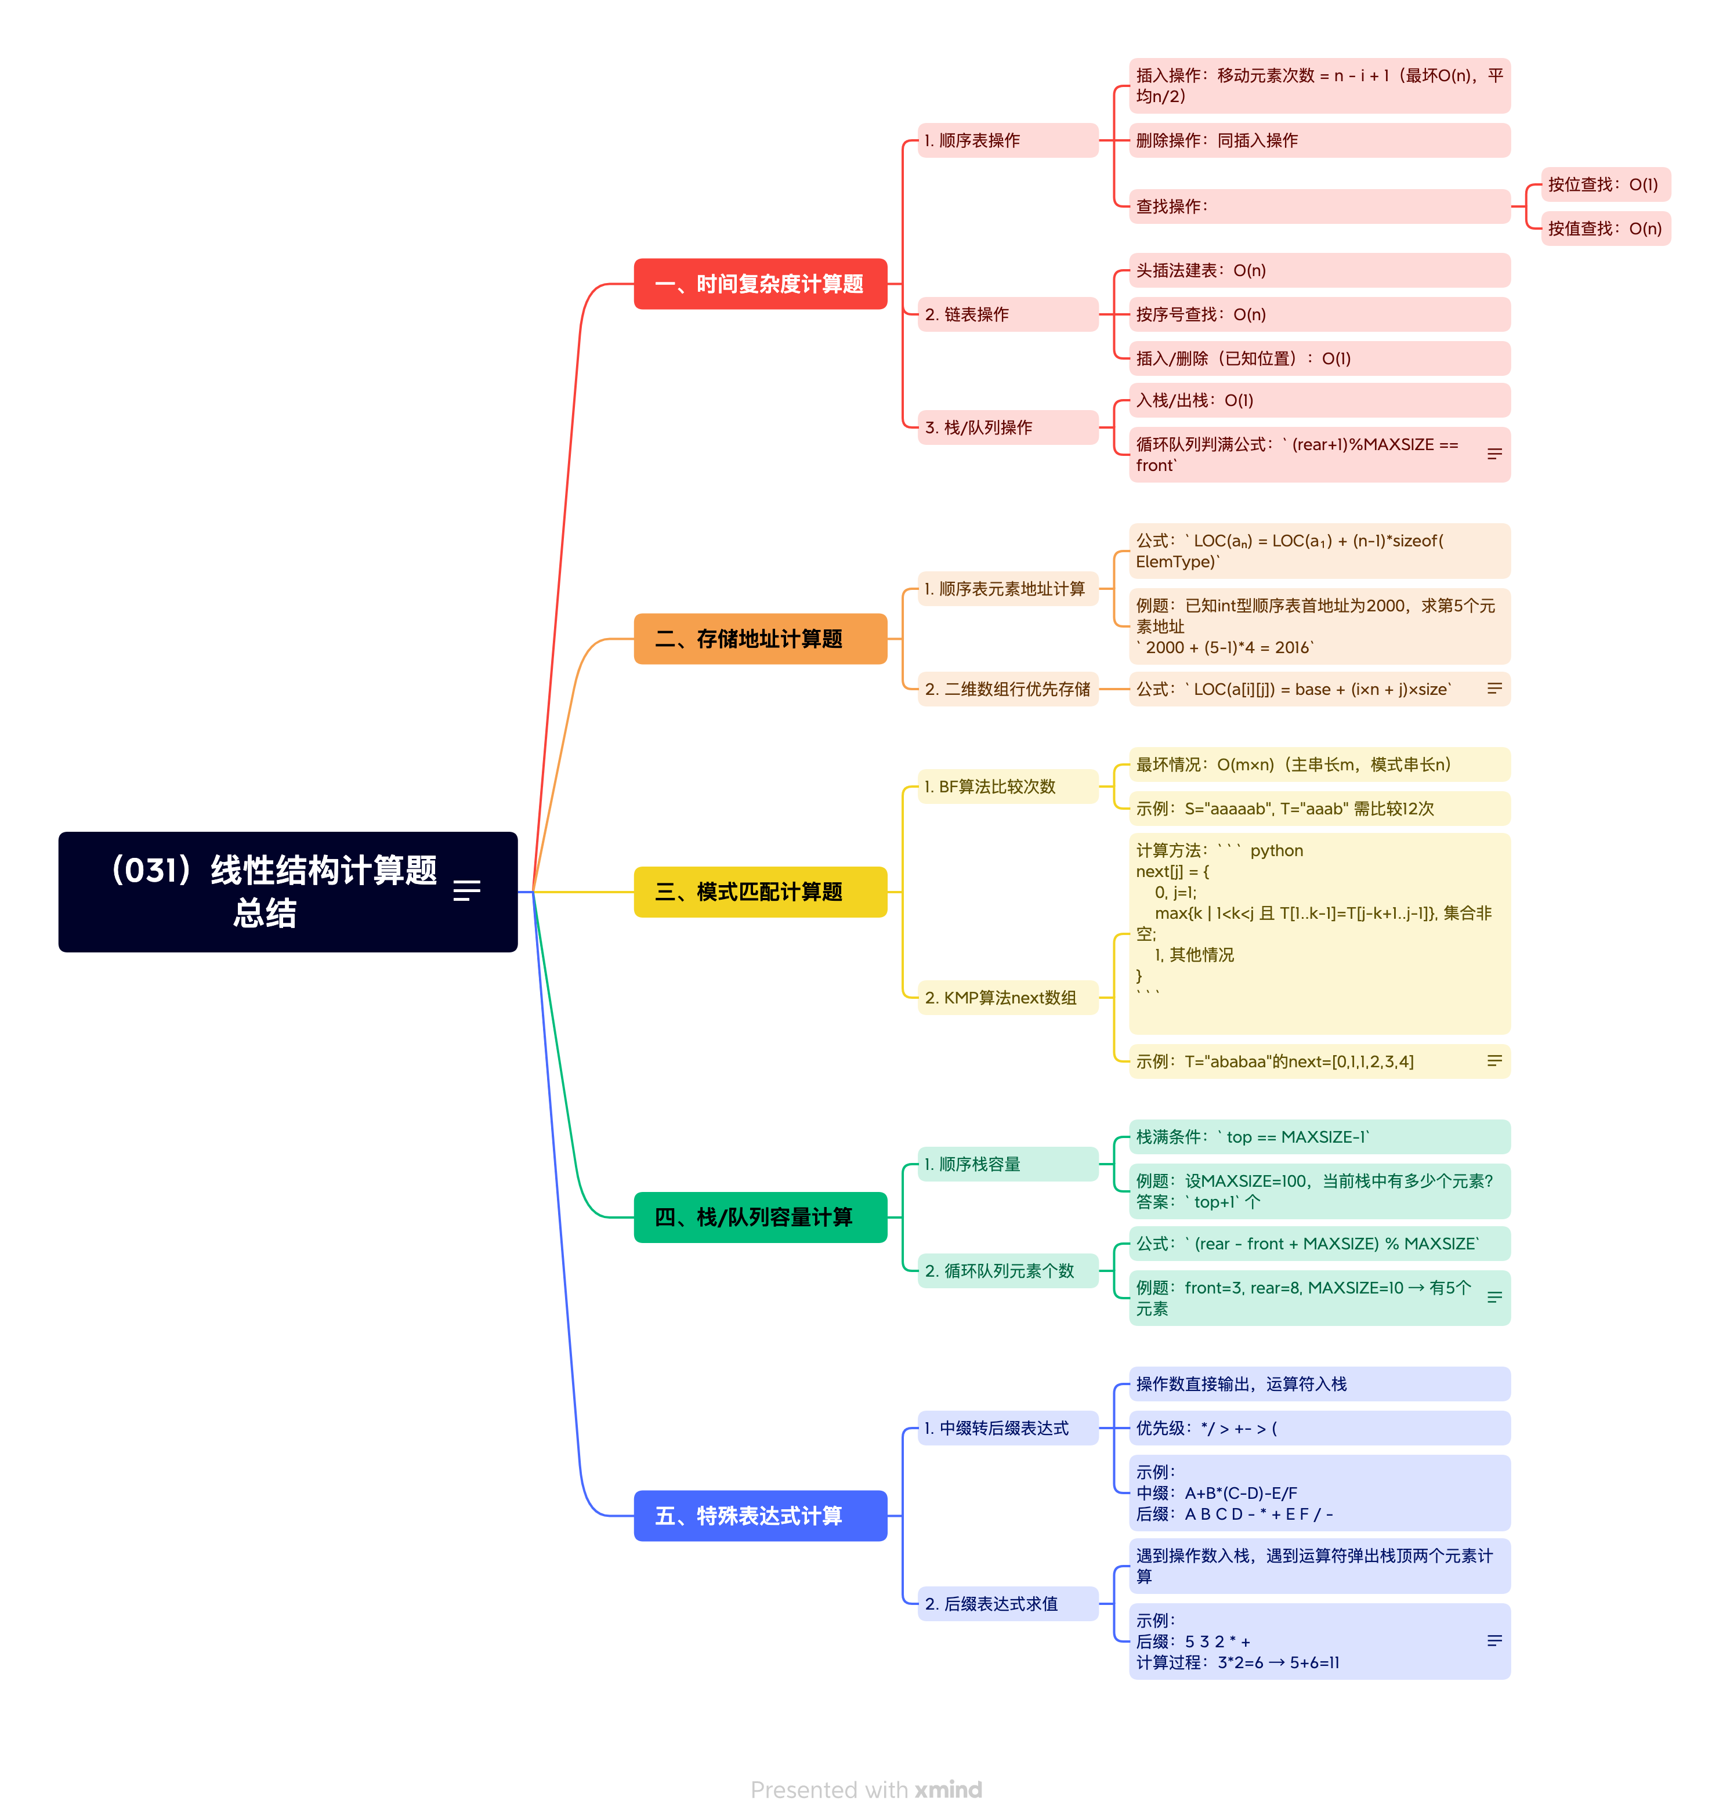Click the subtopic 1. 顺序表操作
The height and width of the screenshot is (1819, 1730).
point(1007,140)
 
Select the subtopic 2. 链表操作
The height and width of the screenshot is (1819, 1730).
point(1007,314)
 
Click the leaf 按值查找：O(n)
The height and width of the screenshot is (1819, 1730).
point(1605,229)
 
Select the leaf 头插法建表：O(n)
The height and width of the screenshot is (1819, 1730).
point(1319,270)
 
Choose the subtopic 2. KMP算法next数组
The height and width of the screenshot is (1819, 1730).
point(1007,998)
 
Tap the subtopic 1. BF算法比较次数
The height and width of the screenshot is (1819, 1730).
point(1007,787)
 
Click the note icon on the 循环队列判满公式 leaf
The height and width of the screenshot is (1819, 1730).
point(1494,454)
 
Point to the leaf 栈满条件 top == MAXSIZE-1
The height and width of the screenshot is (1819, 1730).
point(1319,1137)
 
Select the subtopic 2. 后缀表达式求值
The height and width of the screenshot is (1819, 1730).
point(1007,1604)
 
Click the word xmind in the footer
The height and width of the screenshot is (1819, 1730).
point(948,1789)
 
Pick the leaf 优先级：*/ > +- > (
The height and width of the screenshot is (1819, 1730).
point(1319,1428)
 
